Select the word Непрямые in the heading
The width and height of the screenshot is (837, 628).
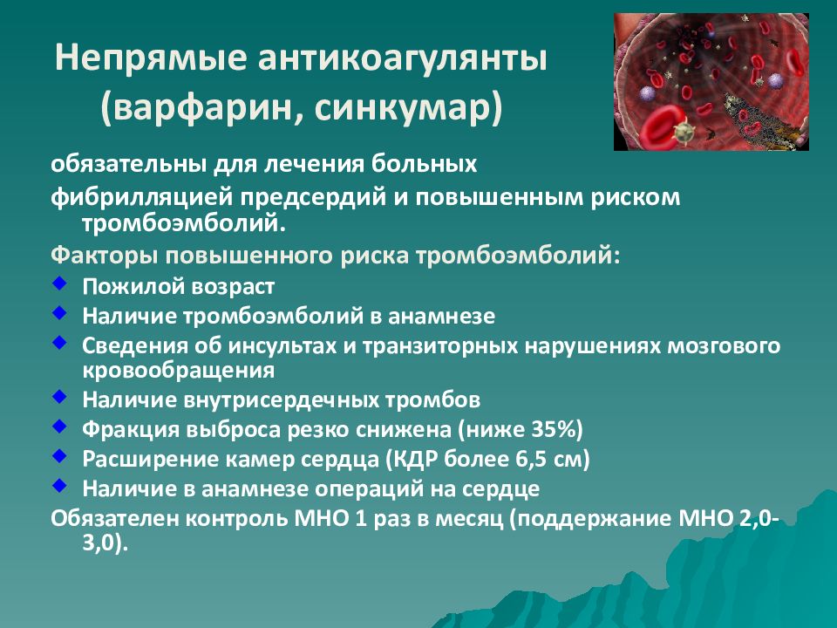point(151,58)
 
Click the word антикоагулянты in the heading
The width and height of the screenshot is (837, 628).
point(403,58)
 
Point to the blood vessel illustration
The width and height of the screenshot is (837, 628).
point(711,82)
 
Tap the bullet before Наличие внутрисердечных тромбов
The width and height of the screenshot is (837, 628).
point(59,396)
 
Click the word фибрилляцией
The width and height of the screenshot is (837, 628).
point(141,198)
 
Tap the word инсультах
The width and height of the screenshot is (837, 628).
point(282,346)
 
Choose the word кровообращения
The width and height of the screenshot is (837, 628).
point(178,371)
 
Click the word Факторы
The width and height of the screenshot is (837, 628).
point(104,256)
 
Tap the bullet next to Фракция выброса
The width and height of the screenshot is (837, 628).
point(59,426)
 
